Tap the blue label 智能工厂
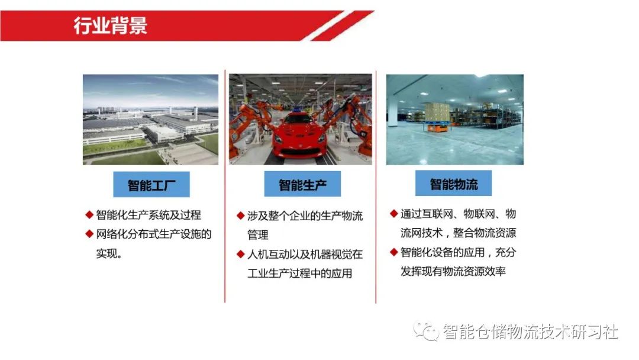151,185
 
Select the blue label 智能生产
302,185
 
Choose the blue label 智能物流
453,184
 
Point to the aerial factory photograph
150,119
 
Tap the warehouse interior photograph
454,119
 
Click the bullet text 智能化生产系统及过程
149,215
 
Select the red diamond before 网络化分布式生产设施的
89,234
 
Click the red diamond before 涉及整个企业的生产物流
240,216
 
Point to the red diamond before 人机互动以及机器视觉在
240,254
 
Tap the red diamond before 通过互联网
393,213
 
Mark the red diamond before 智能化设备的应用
393,252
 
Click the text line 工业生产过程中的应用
299,274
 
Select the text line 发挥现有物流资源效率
453,272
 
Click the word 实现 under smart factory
107,253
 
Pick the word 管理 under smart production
258,235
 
